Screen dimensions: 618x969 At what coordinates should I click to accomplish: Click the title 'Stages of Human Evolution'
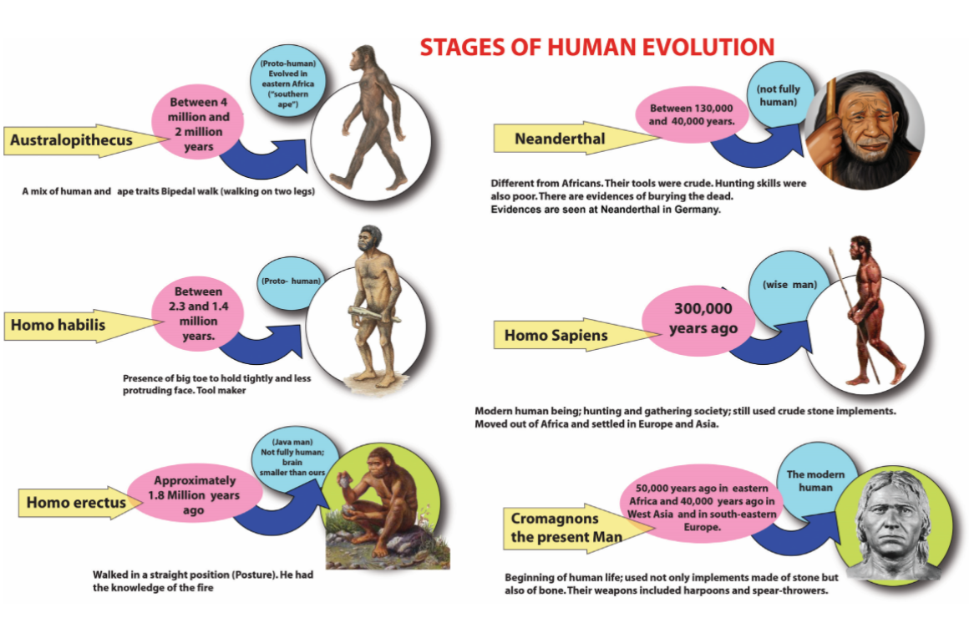click(x=596, y=47)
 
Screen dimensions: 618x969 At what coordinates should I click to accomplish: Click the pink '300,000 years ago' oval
click(x=703, y=319)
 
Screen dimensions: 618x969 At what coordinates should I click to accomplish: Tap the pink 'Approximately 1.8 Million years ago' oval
click(x=194, y=495)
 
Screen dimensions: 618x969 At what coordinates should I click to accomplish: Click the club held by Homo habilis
click(x=368, y=315)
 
